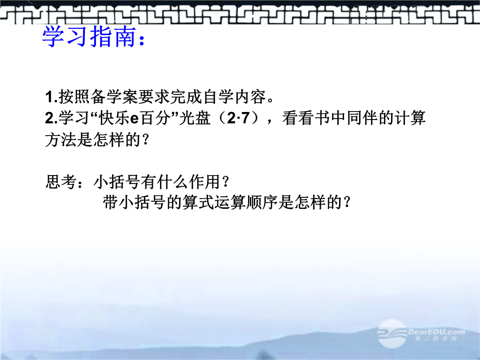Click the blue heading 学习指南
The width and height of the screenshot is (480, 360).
pyautogui.click(x=89, y=37)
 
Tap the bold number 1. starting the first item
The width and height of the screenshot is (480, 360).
pyautogui.click(x=52, y=97)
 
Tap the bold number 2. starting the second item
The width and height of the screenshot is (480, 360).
pyautogui.click(x=52, y=118)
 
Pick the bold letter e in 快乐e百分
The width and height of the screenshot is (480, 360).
pyautogui.click(x=134, y=119)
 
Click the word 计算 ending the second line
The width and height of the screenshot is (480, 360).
pyautogui.click(x=410, y=118)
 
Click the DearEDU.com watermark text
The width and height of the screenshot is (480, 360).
pyautogui.click(x=436, y=332)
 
